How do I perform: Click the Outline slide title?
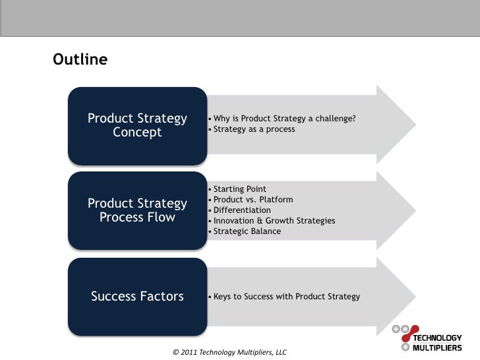(x=79, y=60)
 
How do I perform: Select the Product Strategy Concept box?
(x=137, y=125)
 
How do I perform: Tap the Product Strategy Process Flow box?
(x=137, y=210)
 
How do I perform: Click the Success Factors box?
(x=137, y=297)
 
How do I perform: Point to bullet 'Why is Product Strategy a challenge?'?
(x=284, y=119)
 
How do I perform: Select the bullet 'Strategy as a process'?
(x=253, y=129)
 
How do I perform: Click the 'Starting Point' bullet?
(x=239, y=189)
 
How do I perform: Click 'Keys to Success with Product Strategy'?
(x=285, y=297)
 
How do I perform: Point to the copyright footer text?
(x=229, y=353)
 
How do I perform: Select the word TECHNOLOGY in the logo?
(x=438, y=338)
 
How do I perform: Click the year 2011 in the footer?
(x=189, y=353)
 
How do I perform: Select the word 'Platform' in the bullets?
(x=277, y=200)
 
